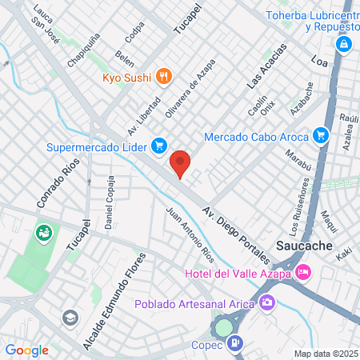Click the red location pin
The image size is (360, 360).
pos(181,162)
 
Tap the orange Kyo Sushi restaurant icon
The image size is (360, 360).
pos(164,77)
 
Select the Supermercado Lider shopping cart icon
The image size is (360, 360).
pos(159,146)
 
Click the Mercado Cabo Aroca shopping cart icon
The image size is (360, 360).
pos(321,134)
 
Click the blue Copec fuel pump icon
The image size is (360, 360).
pos(234,344)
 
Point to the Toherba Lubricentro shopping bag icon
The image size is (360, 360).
pos(343,43)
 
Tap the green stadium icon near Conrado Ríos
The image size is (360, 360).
pos(43,234)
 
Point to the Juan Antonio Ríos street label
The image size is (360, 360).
pos(190,237)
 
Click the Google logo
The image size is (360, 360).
pos(26,350)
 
